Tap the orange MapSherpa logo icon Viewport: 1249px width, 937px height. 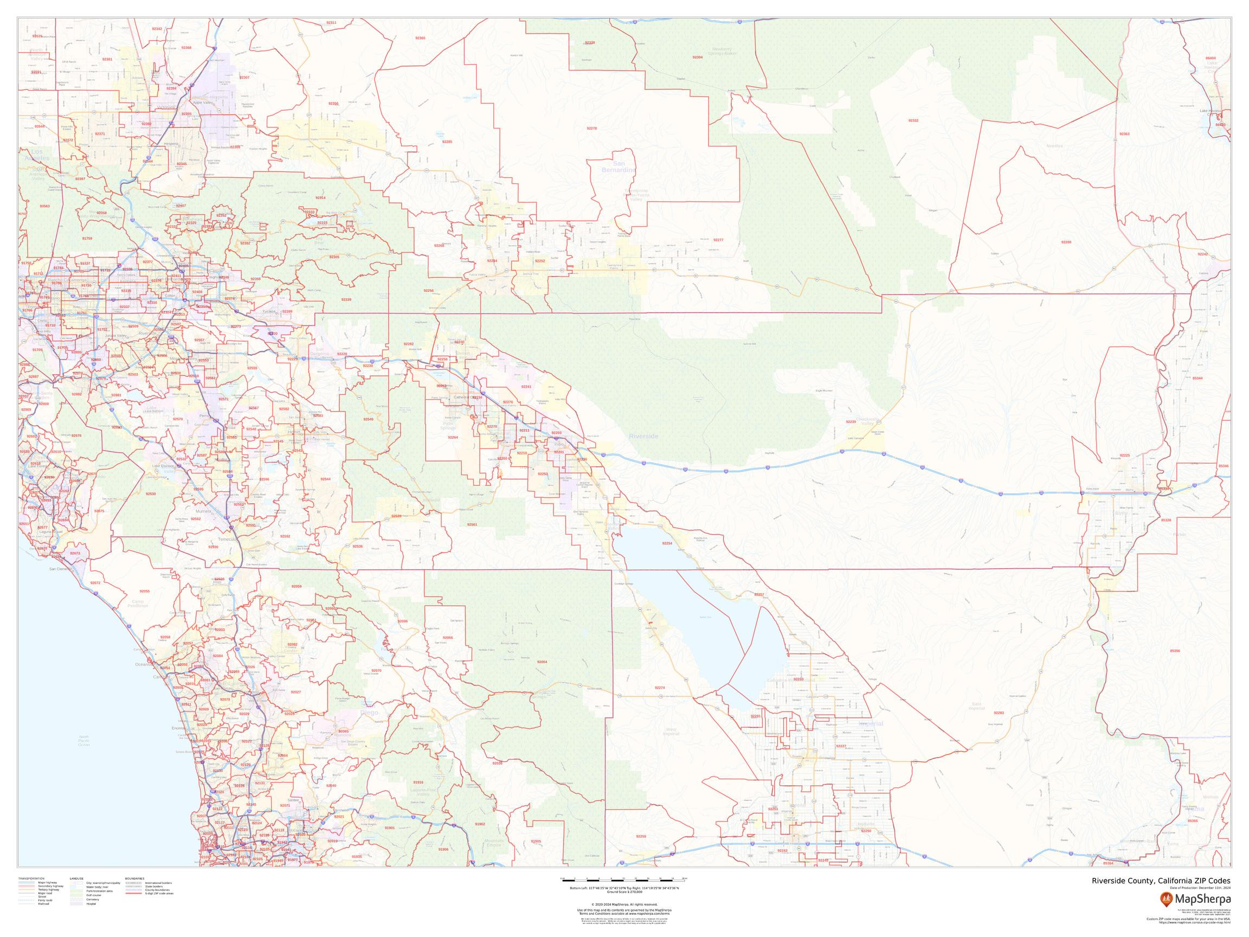[1165, 898]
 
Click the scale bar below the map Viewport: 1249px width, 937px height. [624, 879]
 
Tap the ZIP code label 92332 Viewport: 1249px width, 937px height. [913, 121]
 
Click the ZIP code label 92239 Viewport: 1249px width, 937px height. [851, 422]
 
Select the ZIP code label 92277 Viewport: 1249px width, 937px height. [718, 240]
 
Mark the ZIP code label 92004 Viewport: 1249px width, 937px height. [542, 662]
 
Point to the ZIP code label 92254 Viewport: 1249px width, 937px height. [667, 543]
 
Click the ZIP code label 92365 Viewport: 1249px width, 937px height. [420, 38]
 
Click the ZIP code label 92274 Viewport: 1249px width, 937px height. [660, 688]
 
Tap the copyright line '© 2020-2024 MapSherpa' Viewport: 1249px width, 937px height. [624, 904]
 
